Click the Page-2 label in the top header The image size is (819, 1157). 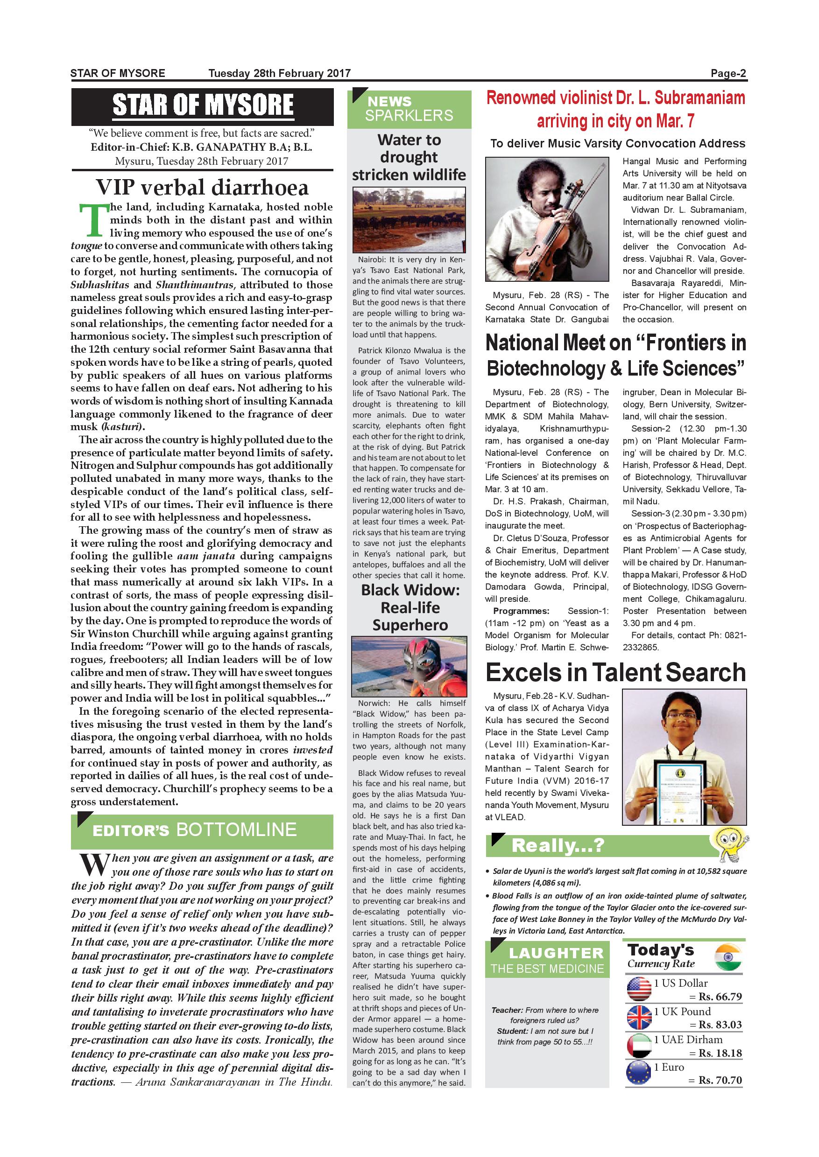pos(728,73)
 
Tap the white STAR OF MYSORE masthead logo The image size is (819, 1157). pos(203,105)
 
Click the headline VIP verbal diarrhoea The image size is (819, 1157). pos(202,188)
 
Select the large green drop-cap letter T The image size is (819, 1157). pos(93,220)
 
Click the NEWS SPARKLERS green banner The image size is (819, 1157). pos(409,109)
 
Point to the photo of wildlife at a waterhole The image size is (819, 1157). pos(409,220)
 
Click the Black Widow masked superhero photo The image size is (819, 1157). pos(409,666)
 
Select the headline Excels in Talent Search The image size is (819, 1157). pos(615,673)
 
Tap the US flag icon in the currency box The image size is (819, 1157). pos(639,989)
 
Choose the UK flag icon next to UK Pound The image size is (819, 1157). pos(639,1018)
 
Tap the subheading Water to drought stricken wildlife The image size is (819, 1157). pos(409,157)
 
